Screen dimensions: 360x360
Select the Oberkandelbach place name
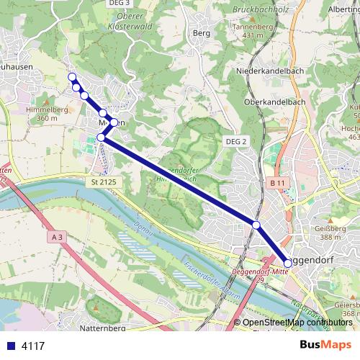click(276, 102)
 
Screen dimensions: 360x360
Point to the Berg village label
click(202, 33)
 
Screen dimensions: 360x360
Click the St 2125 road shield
click(104, 184)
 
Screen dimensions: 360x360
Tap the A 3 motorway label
click(58, 236)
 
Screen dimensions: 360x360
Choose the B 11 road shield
click(278, 184)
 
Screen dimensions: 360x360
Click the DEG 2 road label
click(235, 142)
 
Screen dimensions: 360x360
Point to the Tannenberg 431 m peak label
click(258, 30)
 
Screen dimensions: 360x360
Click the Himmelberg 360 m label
click(40, 113)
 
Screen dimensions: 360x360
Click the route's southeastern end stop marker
click(288, 263)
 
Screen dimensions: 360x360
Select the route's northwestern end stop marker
click(71, 77)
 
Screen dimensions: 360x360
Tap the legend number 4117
click(32, 346)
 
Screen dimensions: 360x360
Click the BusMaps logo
click(325, 345)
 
